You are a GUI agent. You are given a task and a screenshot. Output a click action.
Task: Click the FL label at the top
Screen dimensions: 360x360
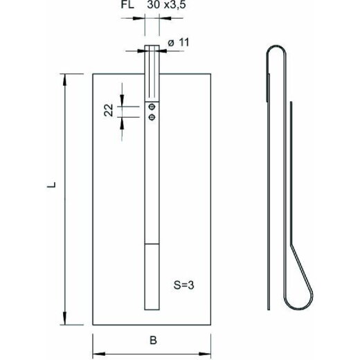(127, 5)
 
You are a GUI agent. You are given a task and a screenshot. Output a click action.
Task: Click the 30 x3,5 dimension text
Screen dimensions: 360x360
(166, 5)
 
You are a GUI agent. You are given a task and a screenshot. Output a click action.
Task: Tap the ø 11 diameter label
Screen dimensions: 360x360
(179, 42)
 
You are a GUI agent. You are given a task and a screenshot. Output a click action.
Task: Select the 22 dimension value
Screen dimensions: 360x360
(109, 110)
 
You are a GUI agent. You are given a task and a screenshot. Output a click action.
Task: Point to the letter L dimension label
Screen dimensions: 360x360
(51, 185)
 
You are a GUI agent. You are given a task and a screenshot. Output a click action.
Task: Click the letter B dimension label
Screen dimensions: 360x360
(153, 341)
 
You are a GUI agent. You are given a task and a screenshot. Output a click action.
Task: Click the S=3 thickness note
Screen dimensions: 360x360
(183, 285)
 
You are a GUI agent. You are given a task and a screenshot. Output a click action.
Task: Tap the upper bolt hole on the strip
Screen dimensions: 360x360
(152, 107)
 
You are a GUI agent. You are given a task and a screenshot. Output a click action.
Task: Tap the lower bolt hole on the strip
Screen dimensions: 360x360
(152, 118)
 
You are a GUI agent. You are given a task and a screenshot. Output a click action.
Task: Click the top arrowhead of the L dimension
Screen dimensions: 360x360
(65, 80)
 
